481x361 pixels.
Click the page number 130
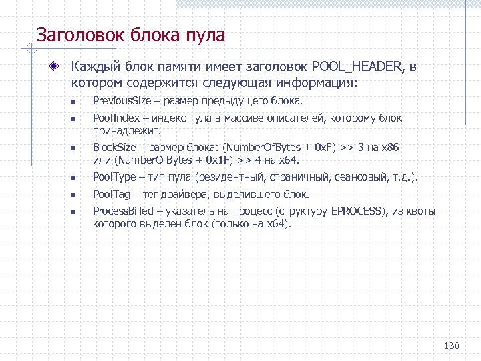[x=452, y=346]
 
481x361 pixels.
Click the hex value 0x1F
[x=219, y=160]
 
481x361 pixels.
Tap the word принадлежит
[x=124, y=131]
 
